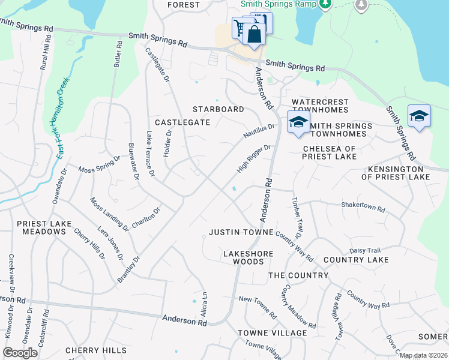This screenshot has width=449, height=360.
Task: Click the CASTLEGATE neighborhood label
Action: coord(182,122)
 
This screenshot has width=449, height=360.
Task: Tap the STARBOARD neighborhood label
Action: coord(218,109)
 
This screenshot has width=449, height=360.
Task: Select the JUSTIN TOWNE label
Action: coord(241,232)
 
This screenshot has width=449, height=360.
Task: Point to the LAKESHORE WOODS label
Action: coord(248,257)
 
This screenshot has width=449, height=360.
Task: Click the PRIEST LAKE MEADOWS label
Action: coord(44,227)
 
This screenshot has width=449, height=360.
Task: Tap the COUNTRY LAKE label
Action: coord(355,260)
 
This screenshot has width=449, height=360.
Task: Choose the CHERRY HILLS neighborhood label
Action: coord(96,350)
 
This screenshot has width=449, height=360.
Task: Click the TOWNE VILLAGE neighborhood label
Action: coord(264,333)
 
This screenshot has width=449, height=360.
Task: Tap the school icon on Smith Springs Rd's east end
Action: coord(419,116)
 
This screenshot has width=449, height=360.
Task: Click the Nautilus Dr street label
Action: coord(259,131)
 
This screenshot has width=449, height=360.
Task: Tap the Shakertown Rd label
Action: coord(363,207)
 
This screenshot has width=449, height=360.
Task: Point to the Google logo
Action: coord(20,352)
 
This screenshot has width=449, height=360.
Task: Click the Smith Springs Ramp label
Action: coord(278,4)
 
